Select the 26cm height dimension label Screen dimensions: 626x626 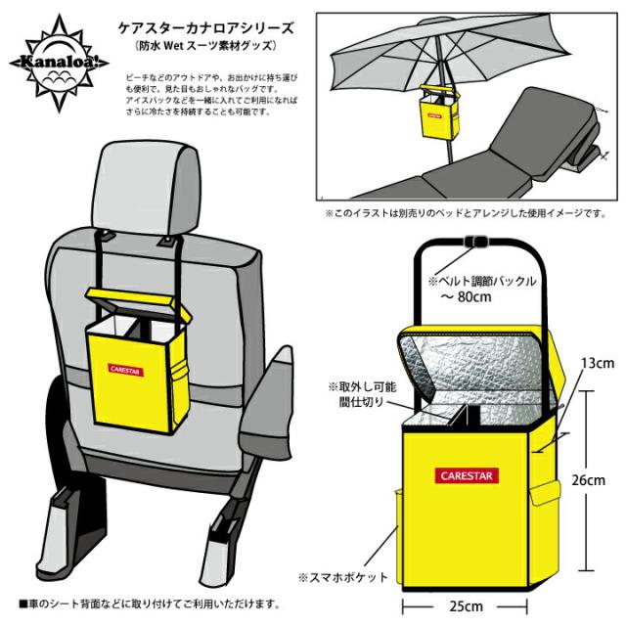click(590, 479)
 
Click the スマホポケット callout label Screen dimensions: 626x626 click(344, 576)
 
